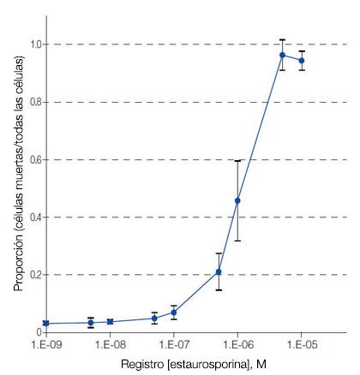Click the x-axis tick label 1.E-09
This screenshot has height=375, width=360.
click(45, 345)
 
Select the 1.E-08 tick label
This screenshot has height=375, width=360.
click(110, 345)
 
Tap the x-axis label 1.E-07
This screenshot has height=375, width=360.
click(173, 345)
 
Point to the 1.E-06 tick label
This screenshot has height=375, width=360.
click(237, 345)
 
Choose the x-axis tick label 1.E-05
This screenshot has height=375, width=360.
click(301, 345)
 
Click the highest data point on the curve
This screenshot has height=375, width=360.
click(282, 55)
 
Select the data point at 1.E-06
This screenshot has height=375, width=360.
click(237, 200)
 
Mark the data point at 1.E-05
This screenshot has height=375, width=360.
click(301, 60)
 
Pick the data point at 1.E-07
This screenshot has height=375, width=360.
click(173, 312)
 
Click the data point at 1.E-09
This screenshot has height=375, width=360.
click(45, 323)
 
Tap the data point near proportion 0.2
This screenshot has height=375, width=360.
click(219, 271)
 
